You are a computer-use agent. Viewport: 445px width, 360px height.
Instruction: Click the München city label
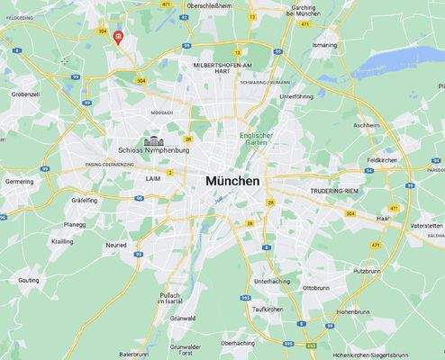pos(232,181)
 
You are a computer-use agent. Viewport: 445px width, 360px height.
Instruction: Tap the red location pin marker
pos(119,37)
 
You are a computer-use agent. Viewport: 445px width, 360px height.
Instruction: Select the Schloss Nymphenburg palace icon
pos(152,140)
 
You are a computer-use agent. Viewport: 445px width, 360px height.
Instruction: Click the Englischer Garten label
pos(255,139)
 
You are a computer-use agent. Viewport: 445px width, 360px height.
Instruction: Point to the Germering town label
pos(19,181)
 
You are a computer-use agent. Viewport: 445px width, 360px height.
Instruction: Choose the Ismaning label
pos(324,44)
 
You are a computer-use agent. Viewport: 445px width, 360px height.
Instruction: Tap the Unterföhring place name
pos(296,95)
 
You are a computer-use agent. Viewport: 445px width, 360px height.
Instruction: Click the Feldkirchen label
pos(383,159)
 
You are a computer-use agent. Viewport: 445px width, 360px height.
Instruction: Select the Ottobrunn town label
pos(316,288)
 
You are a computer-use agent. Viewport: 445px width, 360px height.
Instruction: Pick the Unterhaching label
pos(271,281)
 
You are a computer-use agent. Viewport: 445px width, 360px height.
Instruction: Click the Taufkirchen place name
pos(268,309)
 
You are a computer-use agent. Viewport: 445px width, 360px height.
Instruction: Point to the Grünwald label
pos(183,318)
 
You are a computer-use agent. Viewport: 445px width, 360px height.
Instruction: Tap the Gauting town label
pos(28,280)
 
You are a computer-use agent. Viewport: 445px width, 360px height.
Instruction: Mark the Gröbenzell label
pos(25,93)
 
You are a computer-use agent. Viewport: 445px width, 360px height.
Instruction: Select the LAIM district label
pos(152,178)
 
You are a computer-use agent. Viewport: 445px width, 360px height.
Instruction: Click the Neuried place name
pos(116,244)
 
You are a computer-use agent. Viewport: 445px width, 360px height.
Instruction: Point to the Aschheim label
pos(367,125)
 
